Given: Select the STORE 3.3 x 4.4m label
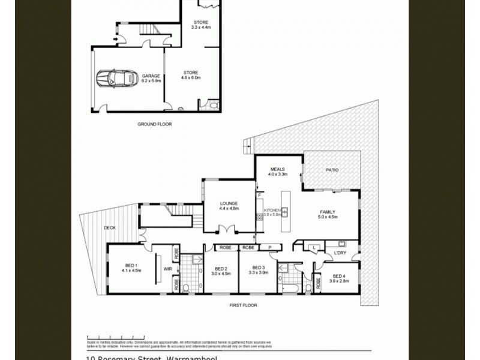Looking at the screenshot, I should (x=200, y=25).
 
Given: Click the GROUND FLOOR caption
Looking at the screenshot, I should (x=155, y=124).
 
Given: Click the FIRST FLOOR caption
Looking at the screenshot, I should (x=243, y=305).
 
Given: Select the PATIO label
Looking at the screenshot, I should (x=332, y=170).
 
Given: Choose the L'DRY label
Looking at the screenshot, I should (x=340, y=253).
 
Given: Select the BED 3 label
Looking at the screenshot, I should (x=259, y=269).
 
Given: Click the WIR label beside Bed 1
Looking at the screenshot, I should (x=167, y=269).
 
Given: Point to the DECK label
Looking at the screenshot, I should (x=109, y=228).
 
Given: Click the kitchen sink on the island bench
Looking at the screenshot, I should (x=286, y=211).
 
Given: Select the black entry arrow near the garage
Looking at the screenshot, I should (x=115, y=40).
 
